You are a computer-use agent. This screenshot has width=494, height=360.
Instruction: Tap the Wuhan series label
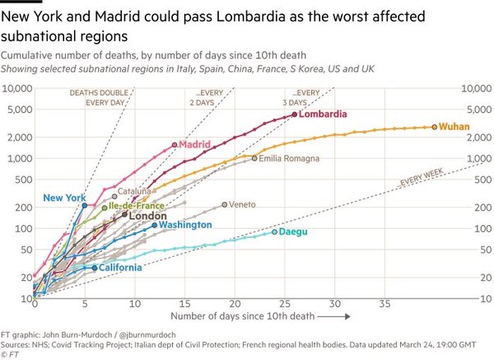[x=455, y=127]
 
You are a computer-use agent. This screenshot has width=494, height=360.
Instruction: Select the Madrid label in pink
[x=195, y=145]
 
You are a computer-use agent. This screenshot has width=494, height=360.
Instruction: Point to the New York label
[x=64, y=198]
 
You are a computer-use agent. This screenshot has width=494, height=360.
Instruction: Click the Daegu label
[x=293, y=232]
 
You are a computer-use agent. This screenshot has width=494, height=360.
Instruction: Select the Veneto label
[x=242, y=204]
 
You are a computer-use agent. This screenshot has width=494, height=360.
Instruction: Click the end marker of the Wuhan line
[x=434, y=127]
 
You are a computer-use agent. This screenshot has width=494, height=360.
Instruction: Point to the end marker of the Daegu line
[x=275, y=232]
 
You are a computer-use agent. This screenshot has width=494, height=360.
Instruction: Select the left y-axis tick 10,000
[x=18, y=88]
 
